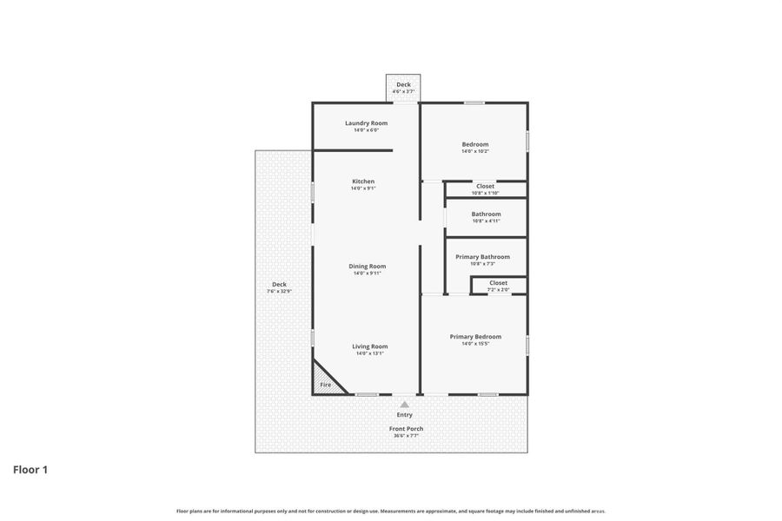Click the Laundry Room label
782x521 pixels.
click(x=366, y=123)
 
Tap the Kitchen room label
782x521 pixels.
click(x=363, y=181)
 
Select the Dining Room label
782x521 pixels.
click(x=367, y=267)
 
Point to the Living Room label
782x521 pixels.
click(x=369, y=346)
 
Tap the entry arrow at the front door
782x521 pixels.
click(x=405, y=404)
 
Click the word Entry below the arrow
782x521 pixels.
click(x=405, y=415)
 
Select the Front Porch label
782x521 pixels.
click(x=406, y=429)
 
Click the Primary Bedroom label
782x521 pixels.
click(x=475, y=337)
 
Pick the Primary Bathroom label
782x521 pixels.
click(x=482, y=257)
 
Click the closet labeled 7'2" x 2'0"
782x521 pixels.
click(x=498, y=286)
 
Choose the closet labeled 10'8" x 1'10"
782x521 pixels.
click(x=485, y=188)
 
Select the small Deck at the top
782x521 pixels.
click(x=403, y=87)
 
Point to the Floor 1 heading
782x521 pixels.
click(x=30, y=470)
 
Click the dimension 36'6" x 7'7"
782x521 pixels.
click(x=406, y=436)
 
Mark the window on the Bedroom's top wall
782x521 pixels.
click(x=474, y=103)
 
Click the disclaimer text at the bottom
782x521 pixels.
click(x=391, y=511)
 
